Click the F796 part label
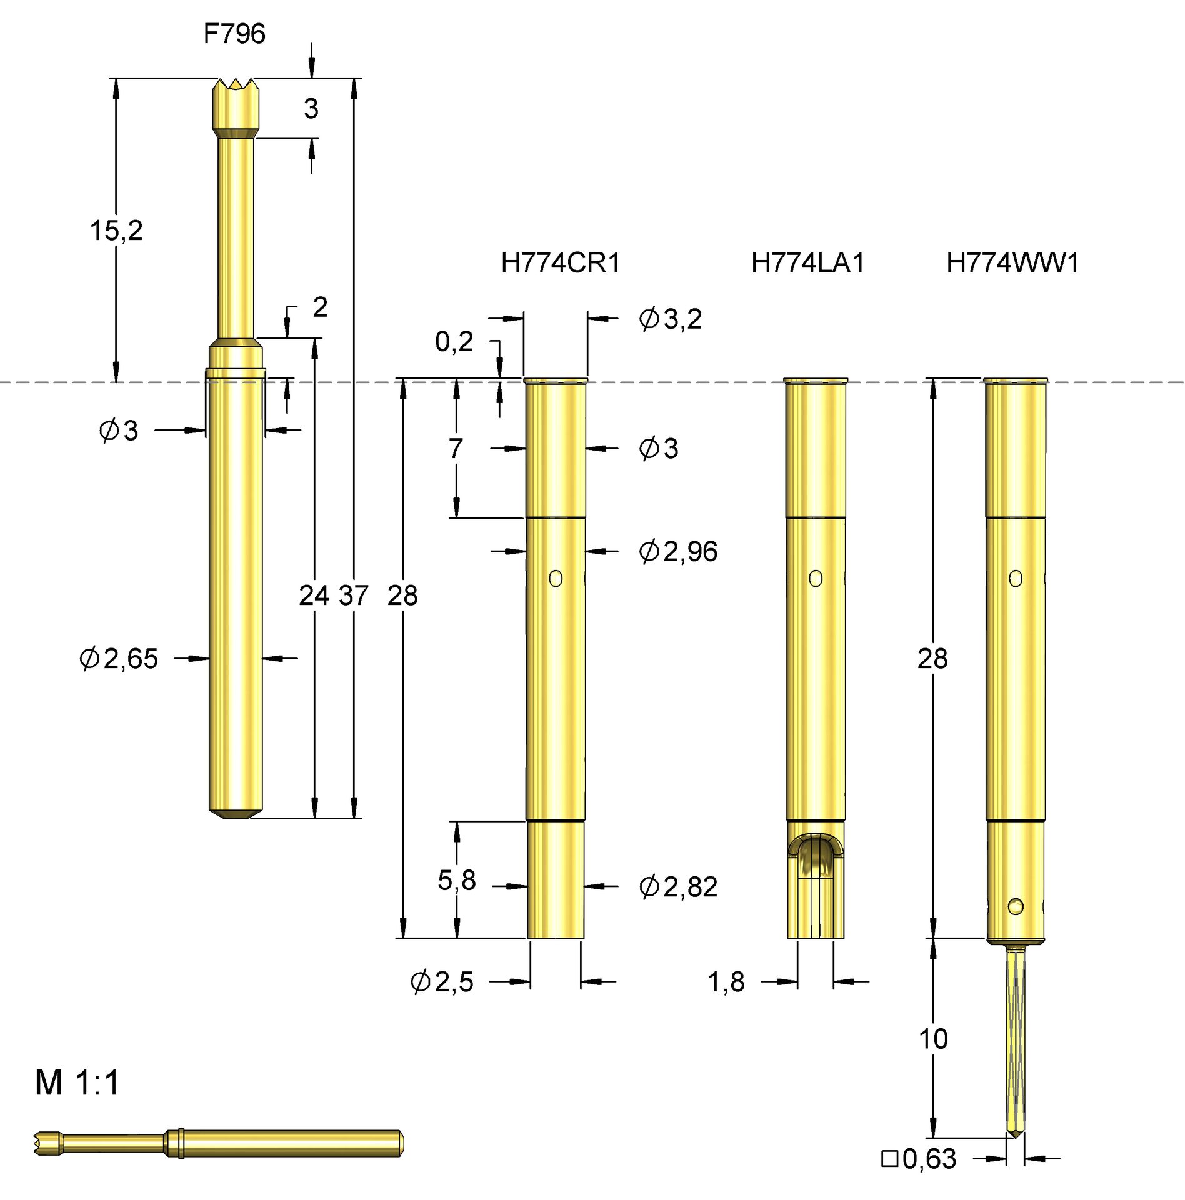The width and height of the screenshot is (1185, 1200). pos(234,34)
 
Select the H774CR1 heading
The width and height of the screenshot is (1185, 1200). pos(561,263)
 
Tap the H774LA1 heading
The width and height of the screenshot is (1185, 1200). pos(807,263)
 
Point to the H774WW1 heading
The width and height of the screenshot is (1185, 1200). pos(1012,263)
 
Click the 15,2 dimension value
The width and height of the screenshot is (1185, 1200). pos(116,231)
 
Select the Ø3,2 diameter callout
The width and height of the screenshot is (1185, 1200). pos(670,319)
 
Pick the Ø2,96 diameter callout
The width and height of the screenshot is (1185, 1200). pos(678,552)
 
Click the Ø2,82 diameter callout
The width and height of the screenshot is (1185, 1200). pos(678,887)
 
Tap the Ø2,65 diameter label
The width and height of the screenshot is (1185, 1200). pos(119,659)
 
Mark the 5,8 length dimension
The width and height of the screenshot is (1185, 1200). pos(457,881)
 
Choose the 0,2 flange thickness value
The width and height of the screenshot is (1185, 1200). pos(454,342)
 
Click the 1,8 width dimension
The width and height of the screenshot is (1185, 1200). pos(726,982)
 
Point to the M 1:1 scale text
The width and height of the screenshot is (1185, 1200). pos(77,1083)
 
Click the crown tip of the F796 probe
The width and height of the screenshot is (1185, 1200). pos(236,84)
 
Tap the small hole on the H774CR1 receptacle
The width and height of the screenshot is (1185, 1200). pos(556,579)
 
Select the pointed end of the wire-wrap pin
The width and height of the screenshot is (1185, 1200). pos(1016,1133)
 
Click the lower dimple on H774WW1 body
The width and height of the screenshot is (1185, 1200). pos(1016,906)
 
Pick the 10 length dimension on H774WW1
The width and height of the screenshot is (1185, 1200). pos(933,1039)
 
